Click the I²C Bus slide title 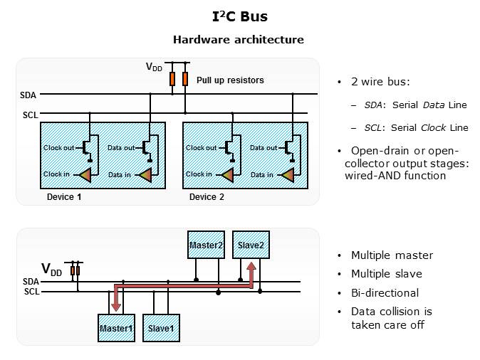click(x=239, y=16)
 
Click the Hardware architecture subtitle click(x=239, y=40)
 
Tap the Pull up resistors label click(x=230, y=80)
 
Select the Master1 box click(x=115, y=328)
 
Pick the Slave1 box click(x=160, y=328)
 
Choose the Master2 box click(x=206, y=245)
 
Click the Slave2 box click(x=251, y=245)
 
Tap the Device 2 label click(x=207, y=196)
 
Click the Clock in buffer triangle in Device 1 click(x=85, y=175)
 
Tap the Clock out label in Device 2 click(x=201, y=148)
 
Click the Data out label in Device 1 click(x=121, y=148)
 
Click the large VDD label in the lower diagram click(x=51, y=270)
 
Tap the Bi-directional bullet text click(x=385, y=293)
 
